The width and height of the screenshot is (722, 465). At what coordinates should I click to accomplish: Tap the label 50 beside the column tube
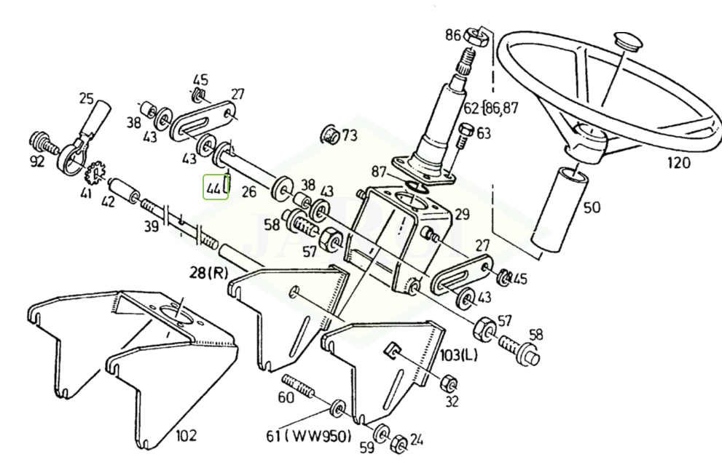(592, 208)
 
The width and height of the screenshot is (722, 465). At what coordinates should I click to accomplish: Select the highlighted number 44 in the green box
(215, 188)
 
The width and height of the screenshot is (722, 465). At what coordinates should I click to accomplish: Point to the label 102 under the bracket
(186, 437)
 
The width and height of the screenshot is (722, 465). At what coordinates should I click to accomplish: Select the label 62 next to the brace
(472, 110)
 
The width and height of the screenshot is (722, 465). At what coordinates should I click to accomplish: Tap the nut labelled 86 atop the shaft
(477, 34)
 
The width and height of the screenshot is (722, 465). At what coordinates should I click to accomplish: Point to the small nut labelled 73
(329, 135)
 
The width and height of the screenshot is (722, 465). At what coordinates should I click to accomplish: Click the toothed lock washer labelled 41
(93, 175)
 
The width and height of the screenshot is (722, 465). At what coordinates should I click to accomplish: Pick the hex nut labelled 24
(399, 442)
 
